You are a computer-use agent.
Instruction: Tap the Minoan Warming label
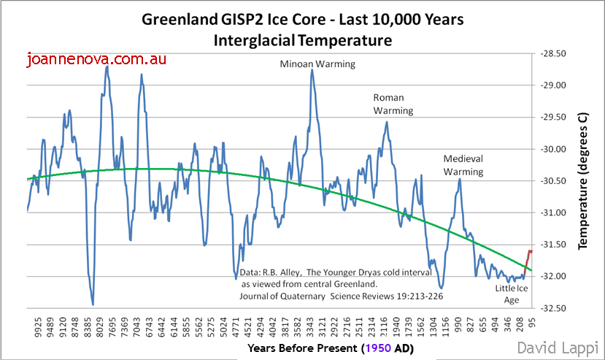click(x=317, y=64)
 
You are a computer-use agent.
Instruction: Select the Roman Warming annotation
click(x=393, y=104)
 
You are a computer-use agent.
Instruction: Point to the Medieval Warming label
click(x=463, y=165)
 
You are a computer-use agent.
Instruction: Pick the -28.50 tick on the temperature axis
click(x=555, y=53)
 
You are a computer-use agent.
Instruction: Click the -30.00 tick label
click(x=555, y=149)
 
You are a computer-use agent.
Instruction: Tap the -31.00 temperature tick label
click(x=555, y=212)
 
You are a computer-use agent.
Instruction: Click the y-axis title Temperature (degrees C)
click(x=582, y=181)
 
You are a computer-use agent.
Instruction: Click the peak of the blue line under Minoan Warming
click(x=312, y=69)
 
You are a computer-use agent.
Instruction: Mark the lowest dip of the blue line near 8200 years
click(x=93, y=304)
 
